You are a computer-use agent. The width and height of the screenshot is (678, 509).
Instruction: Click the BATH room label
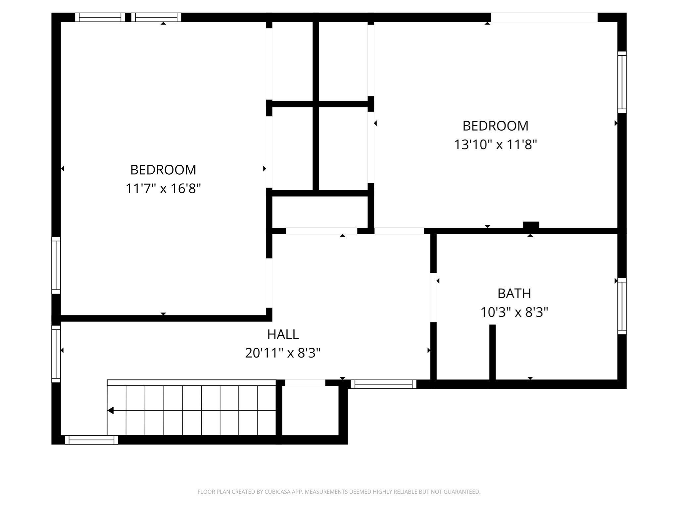[x=514, y=293]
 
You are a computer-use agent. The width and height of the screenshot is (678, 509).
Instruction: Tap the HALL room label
[x=283, y=334]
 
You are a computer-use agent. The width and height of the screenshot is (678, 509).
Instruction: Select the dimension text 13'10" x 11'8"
[x=495, y=145]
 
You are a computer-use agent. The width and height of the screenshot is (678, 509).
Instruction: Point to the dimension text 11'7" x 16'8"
[x=163, y=189]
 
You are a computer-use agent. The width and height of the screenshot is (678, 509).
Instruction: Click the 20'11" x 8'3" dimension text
[x=283, y=353]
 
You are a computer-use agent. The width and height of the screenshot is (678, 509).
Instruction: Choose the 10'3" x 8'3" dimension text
[x=514, y=312]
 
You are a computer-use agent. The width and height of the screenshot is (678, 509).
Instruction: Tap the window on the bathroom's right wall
[x=622, y=306]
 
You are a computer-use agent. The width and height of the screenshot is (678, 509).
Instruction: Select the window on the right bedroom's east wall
[x=622, y=82]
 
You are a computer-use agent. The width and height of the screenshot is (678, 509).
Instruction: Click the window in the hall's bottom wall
[x=383, y=384]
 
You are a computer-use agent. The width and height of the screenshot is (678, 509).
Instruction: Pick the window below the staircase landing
[x=91, y=440]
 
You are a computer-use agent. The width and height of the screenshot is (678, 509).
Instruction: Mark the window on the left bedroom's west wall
[x=56, y=265]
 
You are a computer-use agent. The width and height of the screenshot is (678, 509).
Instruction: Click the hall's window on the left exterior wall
[x=56, y=354]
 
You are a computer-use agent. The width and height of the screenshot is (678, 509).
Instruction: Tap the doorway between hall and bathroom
[x=433, y=297]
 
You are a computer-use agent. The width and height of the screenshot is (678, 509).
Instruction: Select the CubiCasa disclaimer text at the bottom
[x=339, y=492]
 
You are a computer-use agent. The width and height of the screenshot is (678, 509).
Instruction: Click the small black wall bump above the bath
[x=531, y=225]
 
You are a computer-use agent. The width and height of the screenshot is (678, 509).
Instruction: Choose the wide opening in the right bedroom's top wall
[x=544, y=17]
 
